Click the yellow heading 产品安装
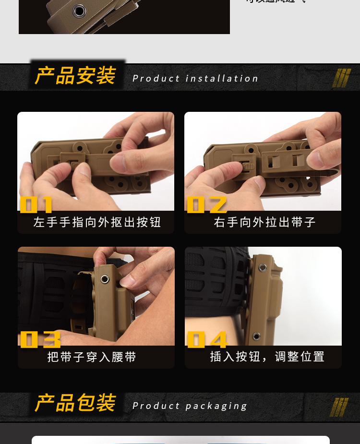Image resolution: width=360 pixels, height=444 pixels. (75, 76)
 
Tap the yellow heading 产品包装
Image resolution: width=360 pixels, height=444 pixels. (75, 403)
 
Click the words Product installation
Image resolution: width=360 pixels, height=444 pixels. (195, 78)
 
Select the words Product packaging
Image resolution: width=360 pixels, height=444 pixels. (190, 406)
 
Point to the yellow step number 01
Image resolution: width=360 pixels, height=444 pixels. (36, 204)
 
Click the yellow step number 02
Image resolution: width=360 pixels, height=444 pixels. (206, 204)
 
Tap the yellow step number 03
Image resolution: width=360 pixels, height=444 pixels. (40, 339)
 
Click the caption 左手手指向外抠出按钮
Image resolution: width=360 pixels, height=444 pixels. (97, 222)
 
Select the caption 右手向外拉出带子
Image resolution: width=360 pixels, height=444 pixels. (264, 222)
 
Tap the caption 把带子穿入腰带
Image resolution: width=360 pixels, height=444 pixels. (92, 357)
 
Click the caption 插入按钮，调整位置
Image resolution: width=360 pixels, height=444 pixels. (267, 357)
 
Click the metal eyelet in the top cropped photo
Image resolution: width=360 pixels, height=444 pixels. (79, 11)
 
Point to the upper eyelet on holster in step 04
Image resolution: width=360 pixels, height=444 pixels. (263, 268)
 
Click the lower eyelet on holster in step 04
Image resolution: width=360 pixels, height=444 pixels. (257, 336)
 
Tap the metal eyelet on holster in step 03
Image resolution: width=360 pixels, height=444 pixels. (104, 279)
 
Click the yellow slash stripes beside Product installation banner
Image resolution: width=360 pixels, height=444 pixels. (341, 78)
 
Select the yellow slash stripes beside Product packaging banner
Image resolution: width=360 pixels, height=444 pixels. (339, 407)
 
